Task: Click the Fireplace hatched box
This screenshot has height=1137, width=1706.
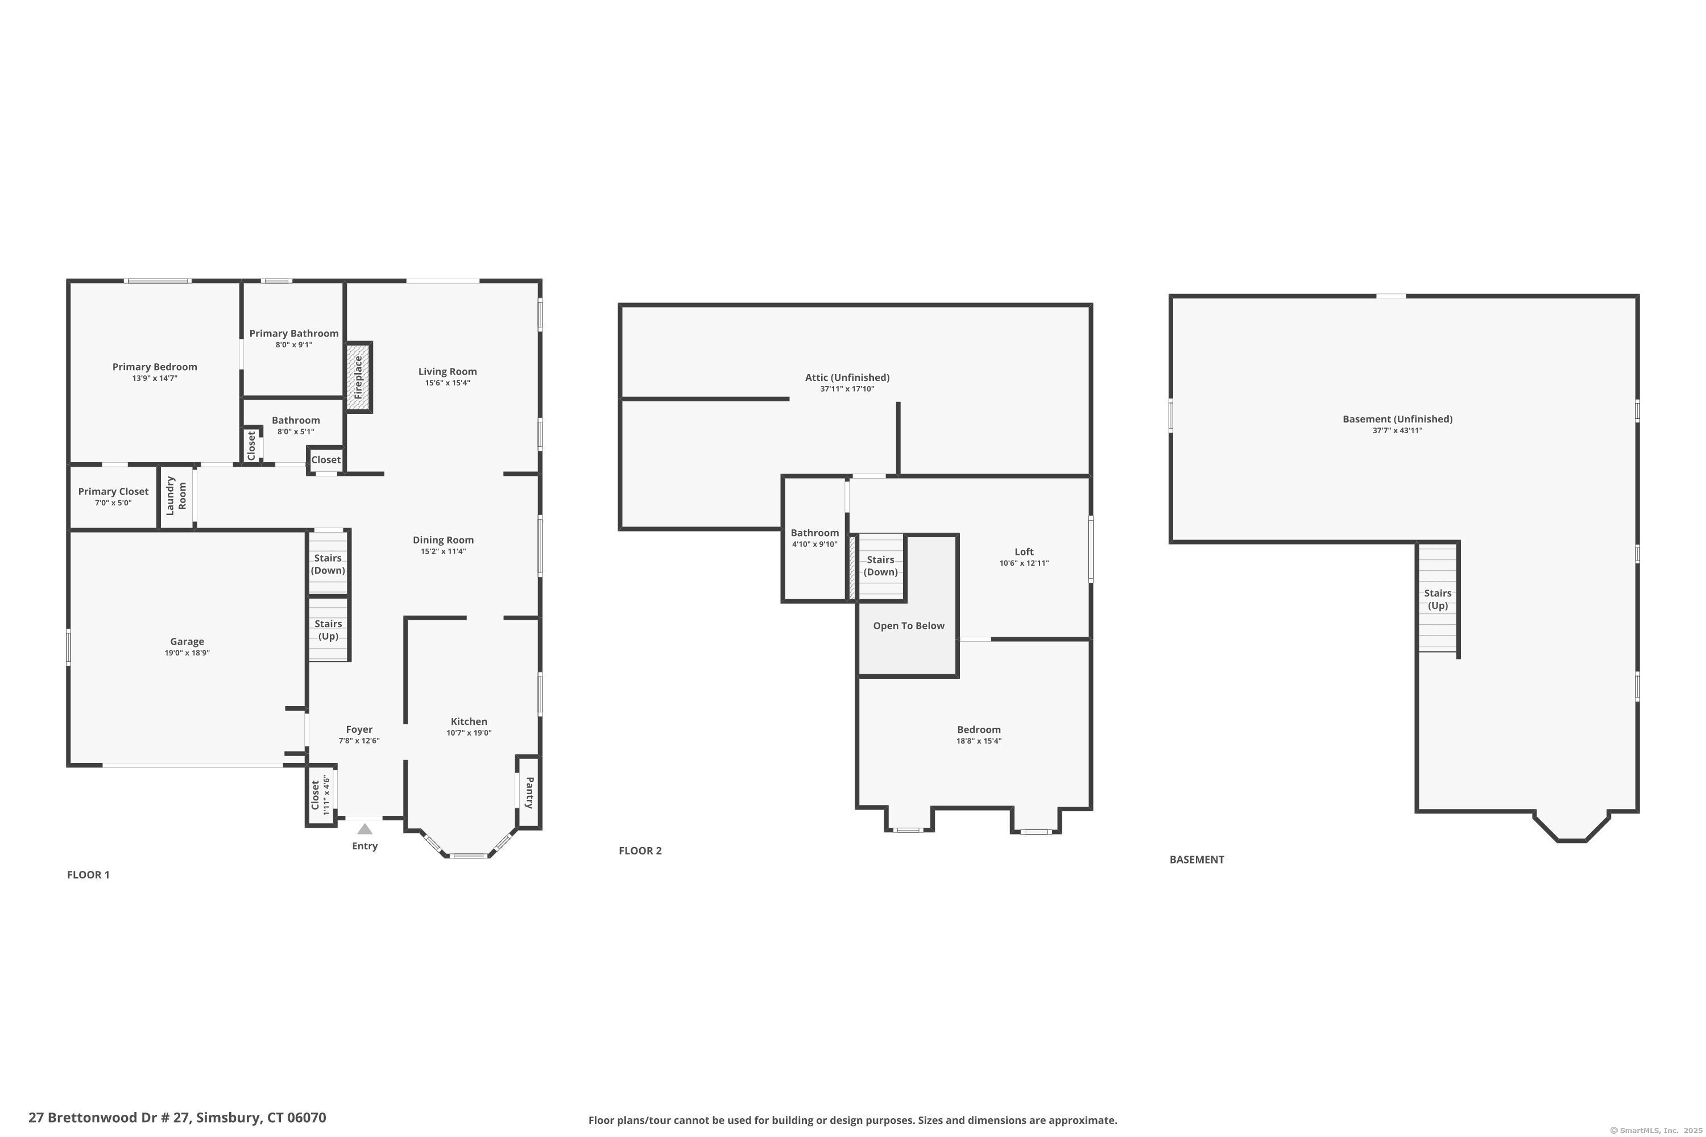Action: (x=358, y=377)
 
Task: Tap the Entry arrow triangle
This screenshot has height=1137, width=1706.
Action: (x=365, y=829)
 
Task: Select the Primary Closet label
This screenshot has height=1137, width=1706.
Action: (x=113, y=492)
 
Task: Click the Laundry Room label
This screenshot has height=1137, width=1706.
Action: (x=176, y=495)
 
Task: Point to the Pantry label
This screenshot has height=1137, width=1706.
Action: (x=529, y=792)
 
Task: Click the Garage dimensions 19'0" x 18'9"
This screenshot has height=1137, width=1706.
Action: (x=187, y=653)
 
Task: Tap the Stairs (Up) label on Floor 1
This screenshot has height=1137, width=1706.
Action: (x=328, y=629)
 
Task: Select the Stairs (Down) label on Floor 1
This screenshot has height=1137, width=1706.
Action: (x=328, y=564)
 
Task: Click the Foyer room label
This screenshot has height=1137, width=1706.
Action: (x=359, y=729)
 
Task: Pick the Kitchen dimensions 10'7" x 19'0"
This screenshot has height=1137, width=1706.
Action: (x=469, y=733)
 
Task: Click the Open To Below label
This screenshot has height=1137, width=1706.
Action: (x=908, y=626)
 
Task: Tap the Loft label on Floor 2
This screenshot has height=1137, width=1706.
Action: (x=1024, y=552)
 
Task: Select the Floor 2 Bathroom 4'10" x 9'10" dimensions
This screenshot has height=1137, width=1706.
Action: (x=814, y=545)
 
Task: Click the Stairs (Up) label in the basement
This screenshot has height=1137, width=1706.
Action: (x=1437, y=600)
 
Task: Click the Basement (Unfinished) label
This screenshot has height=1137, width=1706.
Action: (x=1397, y=419)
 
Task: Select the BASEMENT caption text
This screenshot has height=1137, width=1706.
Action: (x=1196, y=859)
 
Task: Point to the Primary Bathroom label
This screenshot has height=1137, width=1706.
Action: (x=294, y=334)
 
